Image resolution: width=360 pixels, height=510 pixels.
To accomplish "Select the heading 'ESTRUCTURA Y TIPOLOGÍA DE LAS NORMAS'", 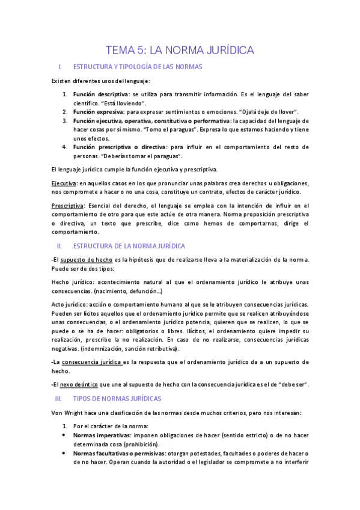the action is [x=137, y=67].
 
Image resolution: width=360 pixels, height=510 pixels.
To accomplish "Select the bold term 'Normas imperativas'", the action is [x=101, y=435].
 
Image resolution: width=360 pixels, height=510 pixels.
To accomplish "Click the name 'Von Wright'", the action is [x=67, y=413].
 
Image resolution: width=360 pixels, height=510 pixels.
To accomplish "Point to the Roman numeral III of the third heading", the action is [x=58, y=399].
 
